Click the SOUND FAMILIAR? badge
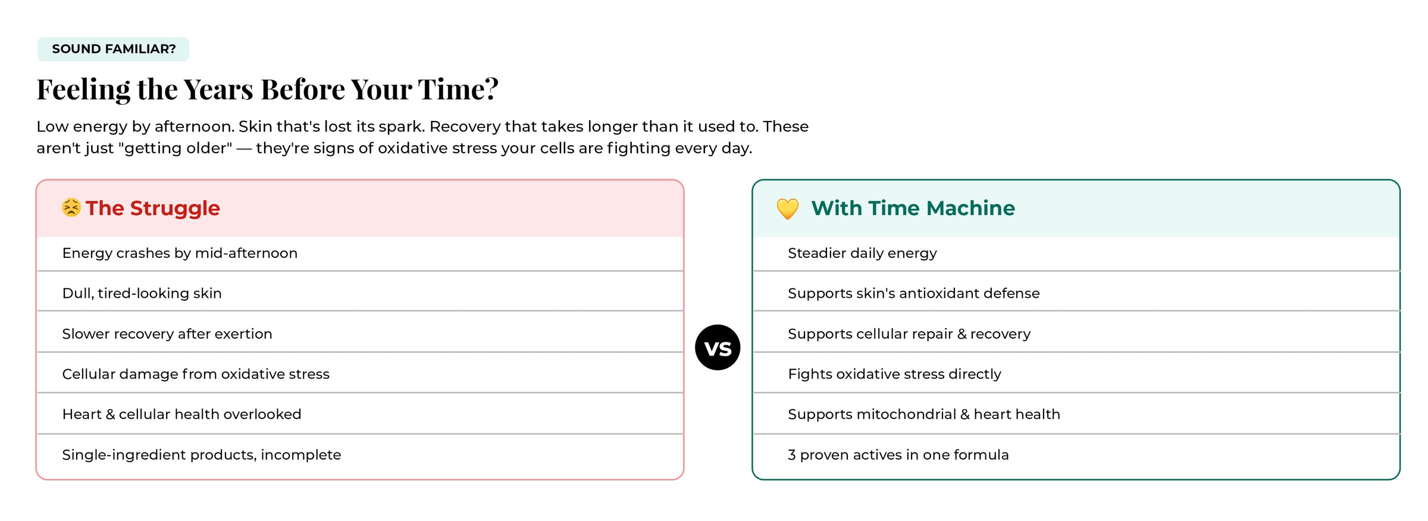(x=113, y=49)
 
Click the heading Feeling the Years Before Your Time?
(x=268, y=89)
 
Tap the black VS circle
(x=718, y=347)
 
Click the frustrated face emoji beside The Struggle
(x=71, y=207)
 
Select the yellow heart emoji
(x=788, y=208)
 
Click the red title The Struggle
(x=153, y=208)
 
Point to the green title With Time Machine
(x=913, y=208)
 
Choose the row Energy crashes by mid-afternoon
(x=360, y=253)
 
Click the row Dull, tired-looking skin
(x=360, y=293)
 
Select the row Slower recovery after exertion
(x=360, y=333)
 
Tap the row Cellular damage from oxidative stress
(x=360, y=374)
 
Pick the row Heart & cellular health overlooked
(x=360, y=414)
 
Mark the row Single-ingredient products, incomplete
(x=360, y=455)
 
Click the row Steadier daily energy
(x=1076, y=253)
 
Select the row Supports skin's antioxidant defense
(x=1076, y=293)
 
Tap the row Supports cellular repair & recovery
(x=1076, y=333)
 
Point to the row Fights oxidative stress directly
(x=1076, y=374)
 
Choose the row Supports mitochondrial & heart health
(x=1076, y=414)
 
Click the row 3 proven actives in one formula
(x=1076, y=455)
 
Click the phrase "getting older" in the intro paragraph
(x=176, y=148)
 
